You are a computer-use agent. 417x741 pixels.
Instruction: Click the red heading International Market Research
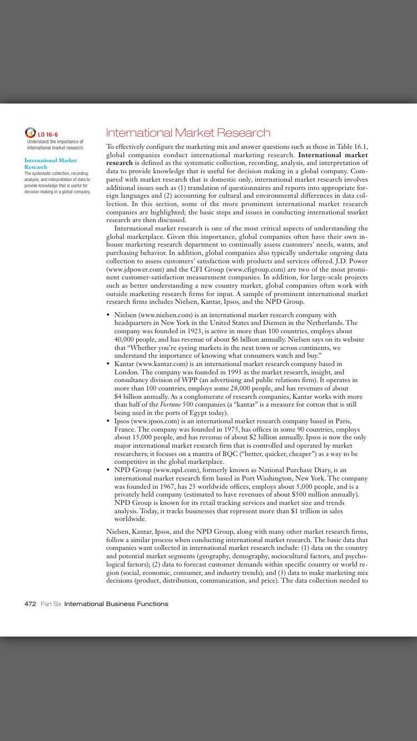pyautogui.click(x=188, y=133)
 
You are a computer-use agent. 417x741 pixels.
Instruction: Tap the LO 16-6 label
pyautogui.click(x=48, y=134)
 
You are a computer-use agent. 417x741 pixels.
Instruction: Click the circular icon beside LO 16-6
pyautogui.click(x=31, y=133)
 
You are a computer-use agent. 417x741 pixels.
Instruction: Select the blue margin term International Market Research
pyautogui.click(x=51, y=163)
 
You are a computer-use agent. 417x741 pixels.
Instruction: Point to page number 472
pyautogui.click(x=31, y=604)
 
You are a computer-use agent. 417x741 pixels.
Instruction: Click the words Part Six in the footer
pyautogui.click(x=51, y=604)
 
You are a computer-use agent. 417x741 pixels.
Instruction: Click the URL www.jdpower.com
pyautogui.click(x=132, y=269)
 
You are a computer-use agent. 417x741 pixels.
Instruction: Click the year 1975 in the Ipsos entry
pyautogui.click(x=211, y=430)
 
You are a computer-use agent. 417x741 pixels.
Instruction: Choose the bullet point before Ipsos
pyautogui.click(x=108, y=422)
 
